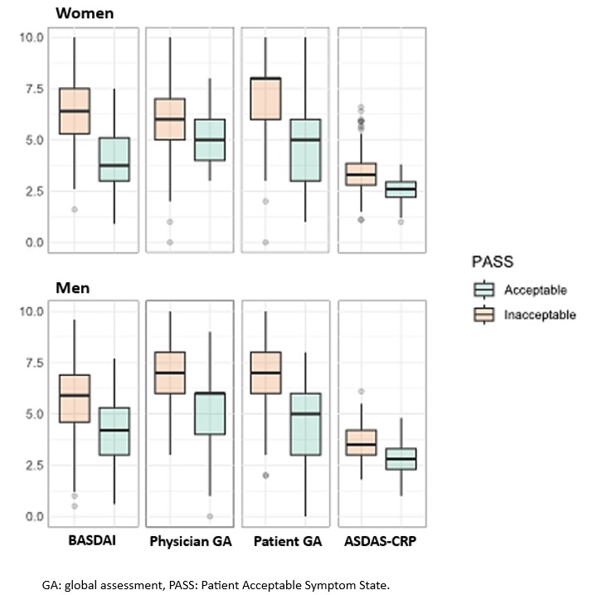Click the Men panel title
click(72, 288)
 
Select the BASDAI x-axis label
click(92, 542)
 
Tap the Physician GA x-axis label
click(189, 542)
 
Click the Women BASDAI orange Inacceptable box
click(74, 110)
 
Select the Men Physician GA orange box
click(170, 373)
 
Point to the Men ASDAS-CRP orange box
click(362, 442)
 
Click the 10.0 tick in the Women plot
click(31, 37)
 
